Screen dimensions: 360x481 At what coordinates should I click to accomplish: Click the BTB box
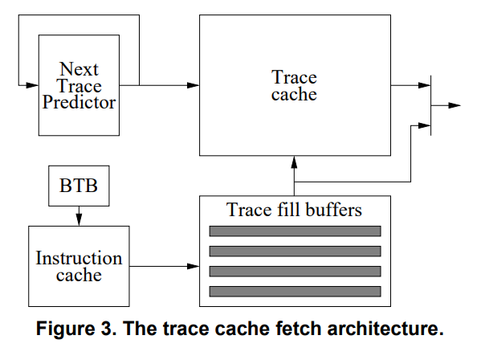click(x=79, y=186)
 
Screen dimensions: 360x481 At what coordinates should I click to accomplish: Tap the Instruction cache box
click(x=79, y=266)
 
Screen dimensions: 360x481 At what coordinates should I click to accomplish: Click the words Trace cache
click(x=294, y=86)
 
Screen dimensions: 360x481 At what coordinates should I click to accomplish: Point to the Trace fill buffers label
click(x=295, y=211)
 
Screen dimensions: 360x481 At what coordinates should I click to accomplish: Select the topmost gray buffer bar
click(x=295, y=231)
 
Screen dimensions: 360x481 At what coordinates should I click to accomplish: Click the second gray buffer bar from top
click(x=295, y=251)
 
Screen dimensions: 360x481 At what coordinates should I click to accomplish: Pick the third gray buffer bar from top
click(x=295, y=271)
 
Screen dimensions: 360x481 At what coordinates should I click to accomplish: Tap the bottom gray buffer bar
click(x=295, y=290)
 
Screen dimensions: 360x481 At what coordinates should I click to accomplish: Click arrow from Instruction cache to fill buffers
click(x=165, y=266)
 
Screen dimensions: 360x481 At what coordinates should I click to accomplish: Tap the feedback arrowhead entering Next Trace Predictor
click(x=33, y=84)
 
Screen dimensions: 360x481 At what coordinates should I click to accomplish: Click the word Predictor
click(x=79, y=103)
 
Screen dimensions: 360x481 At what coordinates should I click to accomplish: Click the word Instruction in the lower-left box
click(x=79, y=258)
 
